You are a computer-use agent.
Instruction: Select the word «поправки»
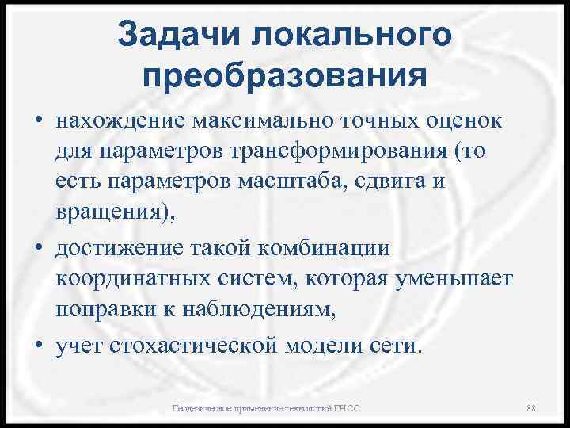(101, 310)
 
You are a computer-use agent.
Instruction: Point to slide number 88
(531, 408)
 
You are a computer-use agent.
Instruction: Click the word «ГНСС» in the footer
(346, 408)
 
